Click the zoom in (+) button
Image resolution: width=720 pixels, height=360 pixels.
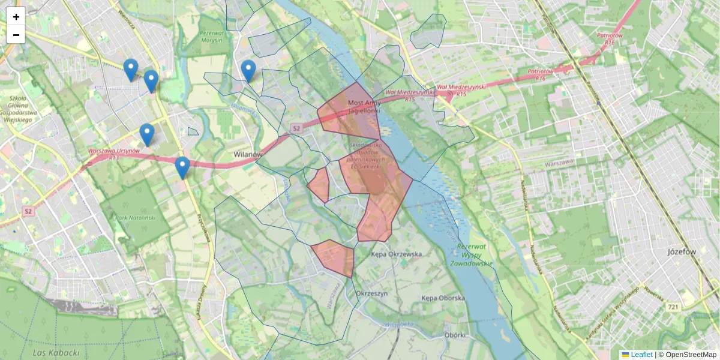[16, 17]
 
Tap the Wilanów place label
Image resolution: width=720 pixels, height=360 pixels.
[248, 154]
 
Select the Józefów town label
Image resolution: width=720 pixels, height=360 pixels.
[682, 252]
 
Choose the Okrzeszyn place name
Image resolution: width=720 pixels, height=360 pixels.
[373, 293]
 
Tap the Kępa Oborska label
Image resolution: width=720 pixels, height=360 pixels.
[443, 298]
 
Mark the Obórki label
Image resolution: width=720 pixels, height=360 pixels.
[455, 335]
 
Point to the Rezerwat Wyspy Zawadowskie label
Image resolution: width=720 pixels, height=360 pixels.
[474, 254]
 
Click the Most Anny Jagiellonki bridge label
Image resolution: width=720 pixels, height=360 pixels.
[364, 106]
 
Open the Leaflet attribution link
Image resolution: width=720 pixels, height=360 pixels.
[641, 355]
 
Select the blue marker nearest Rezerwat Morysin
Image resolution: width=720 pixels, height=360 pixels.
[248, 71]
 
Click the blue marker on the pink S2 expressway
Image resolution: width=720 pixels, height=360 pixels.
[182, 167]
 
